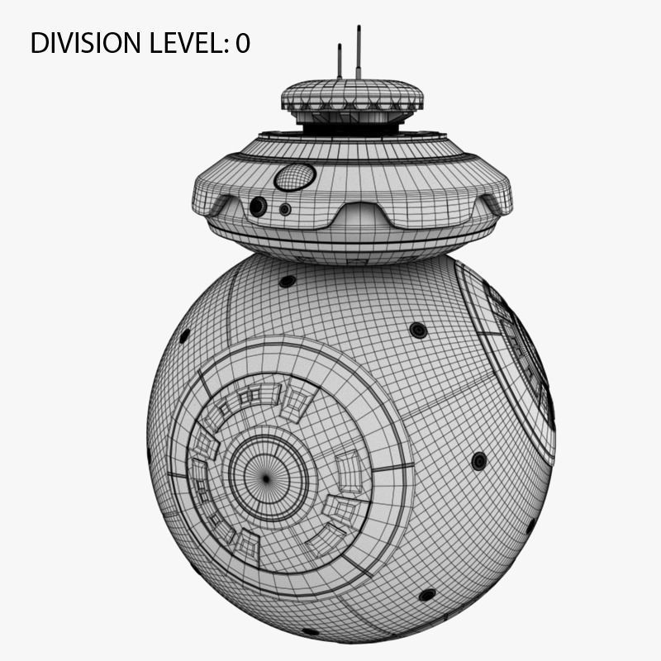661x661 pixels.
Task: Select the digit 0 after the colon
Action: [242, 43]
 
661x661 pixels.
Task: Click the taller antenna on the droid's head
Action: [359, 51]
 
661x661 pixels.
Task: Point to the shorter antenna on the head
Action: [340, 61]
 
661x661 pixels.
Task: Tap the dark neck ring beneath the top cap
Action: [352, 125]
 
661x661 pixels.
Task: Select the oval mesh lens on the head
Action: [295, 177]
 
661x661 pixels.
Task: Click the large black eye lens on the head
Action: [259, 207]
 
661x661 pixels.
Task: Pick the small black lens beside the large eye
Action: [285, 209]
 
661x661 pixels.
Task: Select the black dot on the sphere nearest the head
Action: [288, 281]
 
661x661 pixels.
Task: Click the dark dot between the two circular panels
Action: [419, 330]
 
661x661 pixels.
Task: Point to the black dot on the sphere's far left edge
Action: [184, 335]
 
